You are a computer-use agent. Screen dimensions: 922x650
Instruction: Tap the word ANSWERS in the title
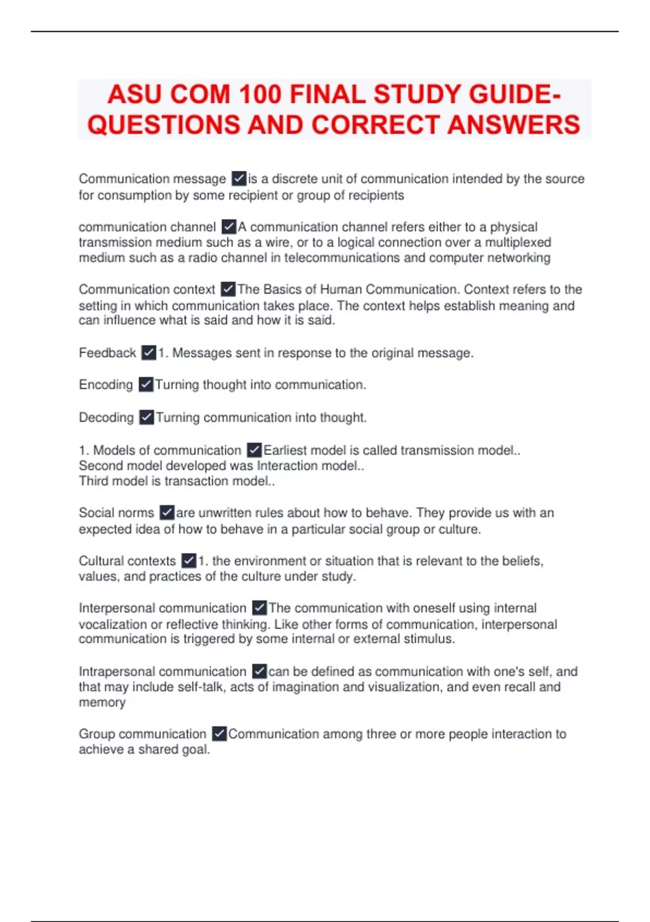[513, 125]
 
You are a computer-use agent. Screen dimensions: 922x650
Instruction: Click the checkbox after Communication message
[239, 178]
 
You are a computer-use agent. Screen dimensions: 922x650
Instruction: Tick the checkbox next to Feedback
[149, 353]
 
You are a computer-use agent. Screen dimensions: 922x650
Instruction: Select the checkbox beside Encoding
[146, 385]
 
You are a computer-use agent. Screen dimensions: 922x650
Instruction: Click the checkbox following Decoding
[146, 417]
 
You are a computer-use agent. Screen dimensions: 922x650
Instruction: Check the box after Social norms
[167, 513]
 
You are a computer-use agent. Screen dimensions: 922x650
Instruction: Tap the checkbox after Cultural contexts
[188, 560]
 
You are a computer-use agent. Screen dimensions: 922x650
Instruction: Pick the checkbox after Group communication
[219, 734]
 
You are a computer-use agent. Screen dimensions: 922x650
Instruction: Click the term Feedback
[107, 353]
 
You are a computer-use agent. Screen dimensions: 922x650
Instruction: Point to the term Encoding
[106, 385]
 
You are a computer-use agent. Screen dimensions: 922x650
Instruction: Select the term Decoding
[106, 418]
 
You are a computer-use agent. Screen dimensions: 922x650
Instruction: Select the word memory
[102, 702]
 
